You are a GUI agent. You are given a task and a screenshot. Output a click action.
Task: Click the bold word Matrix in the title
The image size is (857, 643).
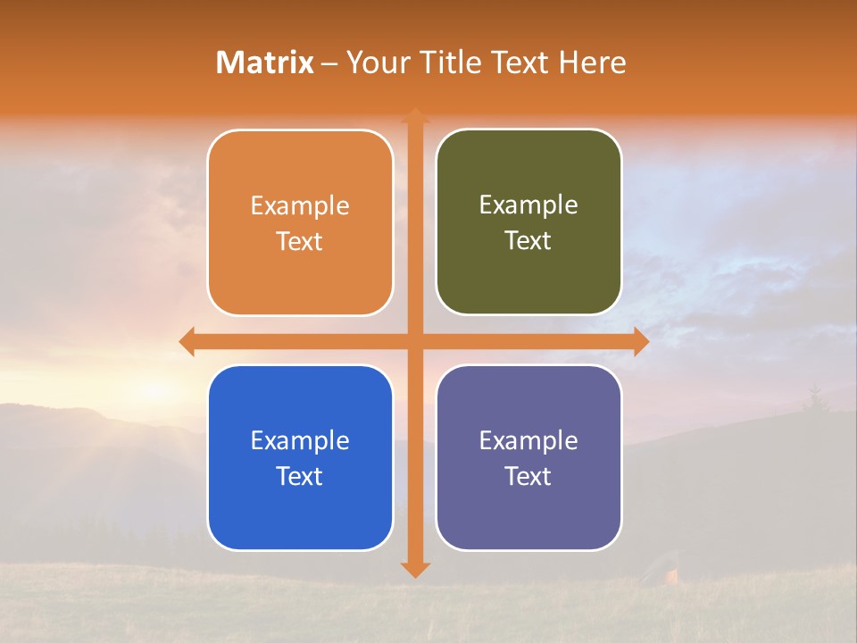tap(264, 63)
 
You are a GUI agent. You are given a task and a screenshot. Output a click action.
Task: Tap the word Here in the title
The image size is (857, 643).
tap(593, 63)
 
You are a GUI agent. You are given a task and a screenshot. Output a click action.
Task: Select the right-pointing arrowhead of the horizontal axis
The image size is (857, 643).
tap(641, 341)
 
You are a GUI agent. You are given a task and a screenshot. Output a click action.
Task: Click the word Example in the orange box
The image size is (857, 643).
tap(300, 206)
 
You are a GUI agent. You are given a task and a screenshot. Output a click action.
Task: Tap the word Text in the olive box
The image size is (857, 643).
tap(528, 241)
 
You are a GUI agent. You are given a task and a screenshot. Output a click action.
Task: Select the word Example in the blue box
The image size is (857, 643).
tap(300, 441)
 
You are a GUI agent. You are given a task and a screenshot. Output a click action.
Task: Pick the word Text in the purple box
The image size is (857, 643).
tap(528, 476)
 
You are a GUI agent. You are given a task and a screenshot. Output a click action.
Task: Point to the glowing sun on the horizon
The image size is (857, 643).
tap(152, 388)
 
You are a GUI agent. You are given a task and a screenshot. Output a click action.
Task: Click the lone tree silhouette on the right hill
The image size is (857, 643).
tap(814, 398)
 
